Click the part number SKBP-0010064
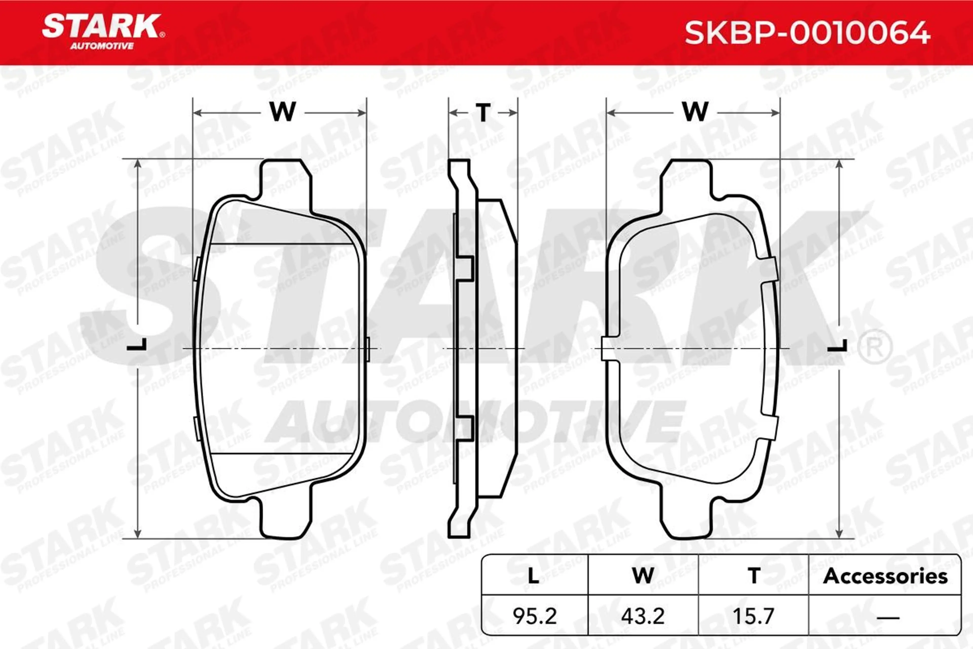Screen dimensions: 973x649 click(x=808, y=33)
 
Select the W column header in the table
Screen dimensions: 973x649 click(x=643, y=576)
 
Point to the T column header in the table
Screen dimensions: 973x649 click(x=754, y=576)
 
